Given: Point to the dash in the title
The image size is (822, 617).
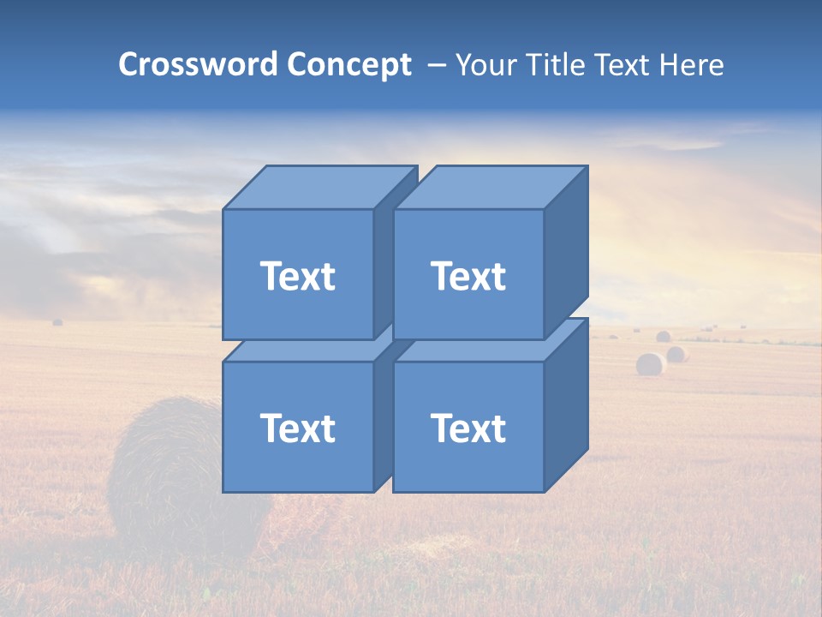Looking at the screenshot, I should click(436, 65).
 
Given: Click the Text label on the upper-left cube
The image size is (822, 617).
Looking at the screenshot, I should click(297, 276).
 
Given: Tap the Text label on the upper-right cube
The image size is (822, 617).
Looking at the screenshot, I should click(468, 276).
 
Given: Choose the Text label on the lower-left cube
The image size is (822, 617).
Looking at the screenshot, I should click(297, 428).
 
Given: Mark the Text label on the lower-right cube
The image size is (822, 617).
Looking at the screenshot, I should click(468, 428).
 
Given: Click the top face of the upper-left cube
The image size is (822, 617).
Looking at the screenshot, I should click(319, 188).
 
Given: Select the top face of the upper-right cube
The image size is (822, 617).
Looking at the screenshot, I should click(489, 188).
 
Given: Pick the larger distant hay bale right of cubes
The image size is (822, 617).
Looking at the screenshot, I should click(650, 364).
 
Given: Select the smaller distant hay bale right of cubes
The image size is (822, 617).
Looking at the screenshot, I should click(677, 354).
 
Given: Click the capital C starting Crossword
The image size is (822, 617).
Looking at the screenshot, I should click(128, 65).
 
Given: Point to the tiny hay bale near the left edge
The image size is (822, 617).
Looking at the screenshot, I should click(57, 322).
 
